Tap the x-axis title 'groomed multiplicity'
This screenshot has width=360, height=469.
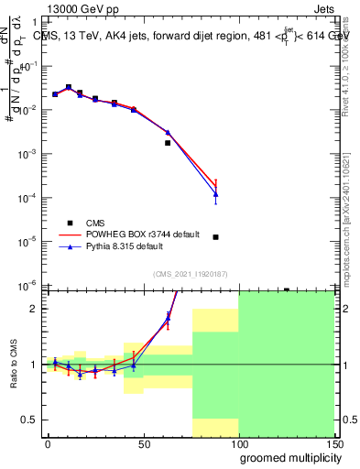coord(287,456)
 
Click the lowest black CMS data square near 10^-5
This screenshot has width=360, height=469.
coord(215,237)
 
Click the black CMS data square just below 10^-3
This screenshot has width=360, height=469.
coord(168,143)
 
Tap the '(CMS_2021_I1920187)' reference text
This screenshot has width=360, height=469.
coord(189,272)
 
